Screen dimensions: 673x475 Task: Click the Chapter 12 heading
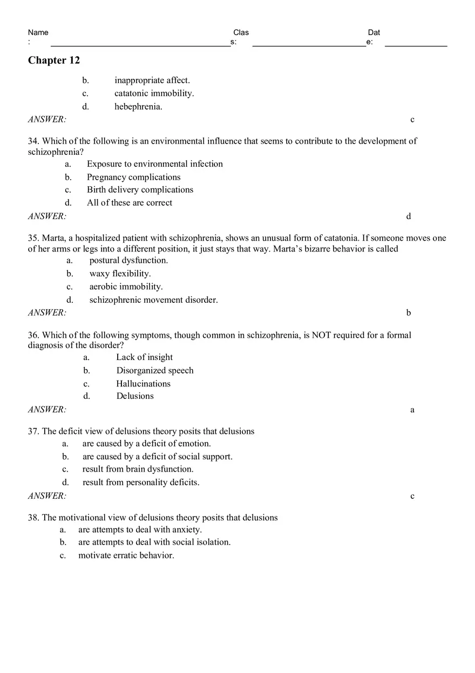click(54, 60)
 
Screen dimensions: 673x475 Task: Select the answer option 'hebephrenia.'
click(138, 106)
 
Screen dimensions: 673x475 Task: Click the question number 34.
click(33, 141)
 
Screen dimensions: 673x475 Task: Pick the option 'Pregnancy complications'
click(134, 177)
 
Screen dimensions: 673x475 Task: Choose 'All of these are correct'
click(130, 203)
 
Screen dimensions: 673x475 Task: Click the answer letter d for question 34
click(409, 216)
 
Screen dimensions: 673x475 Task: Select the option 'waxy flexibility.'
click(120, 274)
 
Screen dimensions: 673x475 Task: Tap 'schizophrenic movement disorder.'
click(154, 300)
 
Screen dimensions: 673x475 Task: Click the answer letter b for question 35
click(409, 312)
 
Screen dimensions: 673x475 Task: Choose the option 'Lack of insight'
click(145, 357)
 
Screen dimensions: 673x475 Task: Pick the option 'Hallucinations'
click(143, 384)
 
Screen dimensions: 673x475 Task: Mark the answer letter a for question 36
click(412, 410)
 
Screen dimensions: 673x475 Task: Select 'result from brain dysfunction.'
click(138, 470)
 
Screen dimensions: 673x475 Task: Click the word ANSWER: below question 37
click(47, 496)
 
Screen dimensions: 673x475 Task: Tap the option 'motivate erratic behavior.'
click(126, 555)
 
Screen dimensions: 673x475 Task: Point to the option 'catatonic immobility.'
click(154, 93)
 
